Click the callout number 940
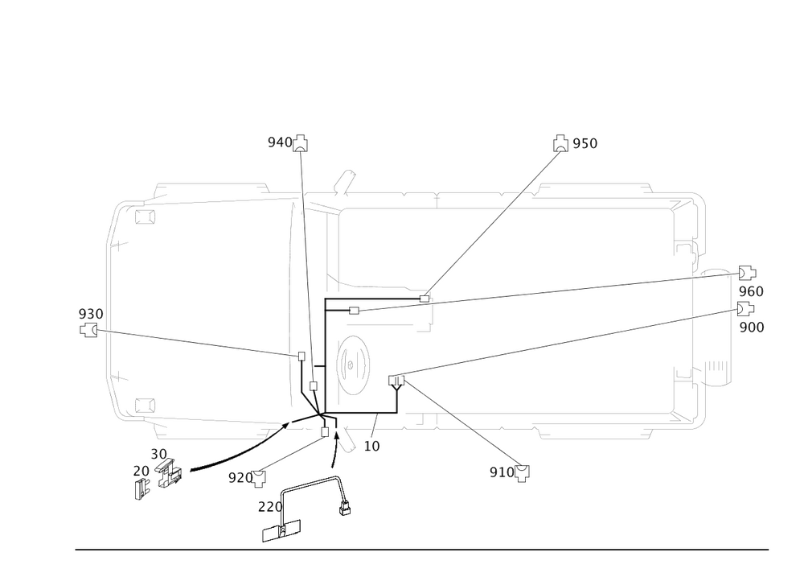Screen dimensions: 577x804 click(279, 142)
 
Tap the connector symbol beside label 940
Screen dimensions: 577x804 click(300, 143)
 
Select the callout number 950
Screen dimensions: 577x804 click(585, 143)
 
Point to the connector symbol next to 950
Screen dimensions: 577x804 click(561, 143)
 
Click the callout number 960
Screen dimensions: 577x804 click(751, 291)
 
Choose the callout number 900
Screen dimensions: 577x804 click(751, 327)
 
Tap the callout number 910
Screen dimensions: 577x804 click(500, 472)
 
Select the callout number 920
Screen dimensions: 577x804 click(239, 477)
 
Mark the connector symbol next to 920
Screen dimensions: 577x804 click(259, 481)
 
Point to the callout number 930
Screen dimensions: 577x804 click(90, 312)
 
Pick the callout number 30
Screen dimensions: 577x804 click(158, 455)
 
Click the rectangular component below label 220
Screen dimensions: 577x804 click(282, 530)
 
